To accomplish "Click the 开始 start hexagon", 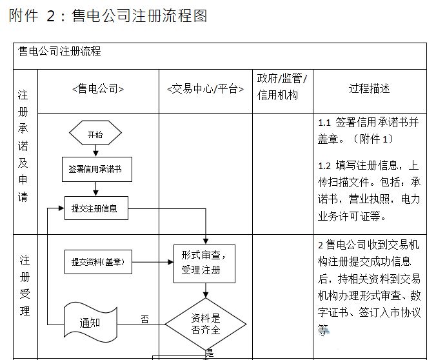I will tap(95, 134).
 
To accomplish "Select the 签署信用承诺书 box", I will tap(95, 169).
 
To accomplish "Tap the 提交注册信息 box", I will tap(95, 208).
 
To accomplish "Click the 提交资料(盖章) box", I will tap(97, 262).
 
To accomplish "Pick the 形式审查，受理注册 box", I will tap(204, 263).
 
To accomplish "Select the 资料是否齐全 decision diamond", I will tap(206, 324).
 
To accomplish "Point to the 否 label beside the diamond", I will tap(144, 319).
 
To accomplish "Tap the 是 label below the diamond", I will tap(209, 353).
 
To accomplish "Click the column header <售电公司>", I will tap(98, 89).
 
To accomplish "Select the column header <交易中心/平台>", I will tap(205, 89).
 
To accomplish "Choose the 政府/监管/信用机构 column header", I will tap(282, 87).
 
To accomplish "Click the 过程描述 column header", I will tap(369, 88).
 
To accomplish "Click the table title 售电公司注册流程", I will tap(59, 52).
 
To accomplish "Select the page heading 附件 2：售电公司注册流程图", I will tap(108, 15).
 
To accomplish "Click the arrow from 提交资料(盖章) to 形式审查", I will tap(152, 262).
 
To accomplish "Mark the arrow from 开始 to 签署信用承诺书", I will tap(95, 150).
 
